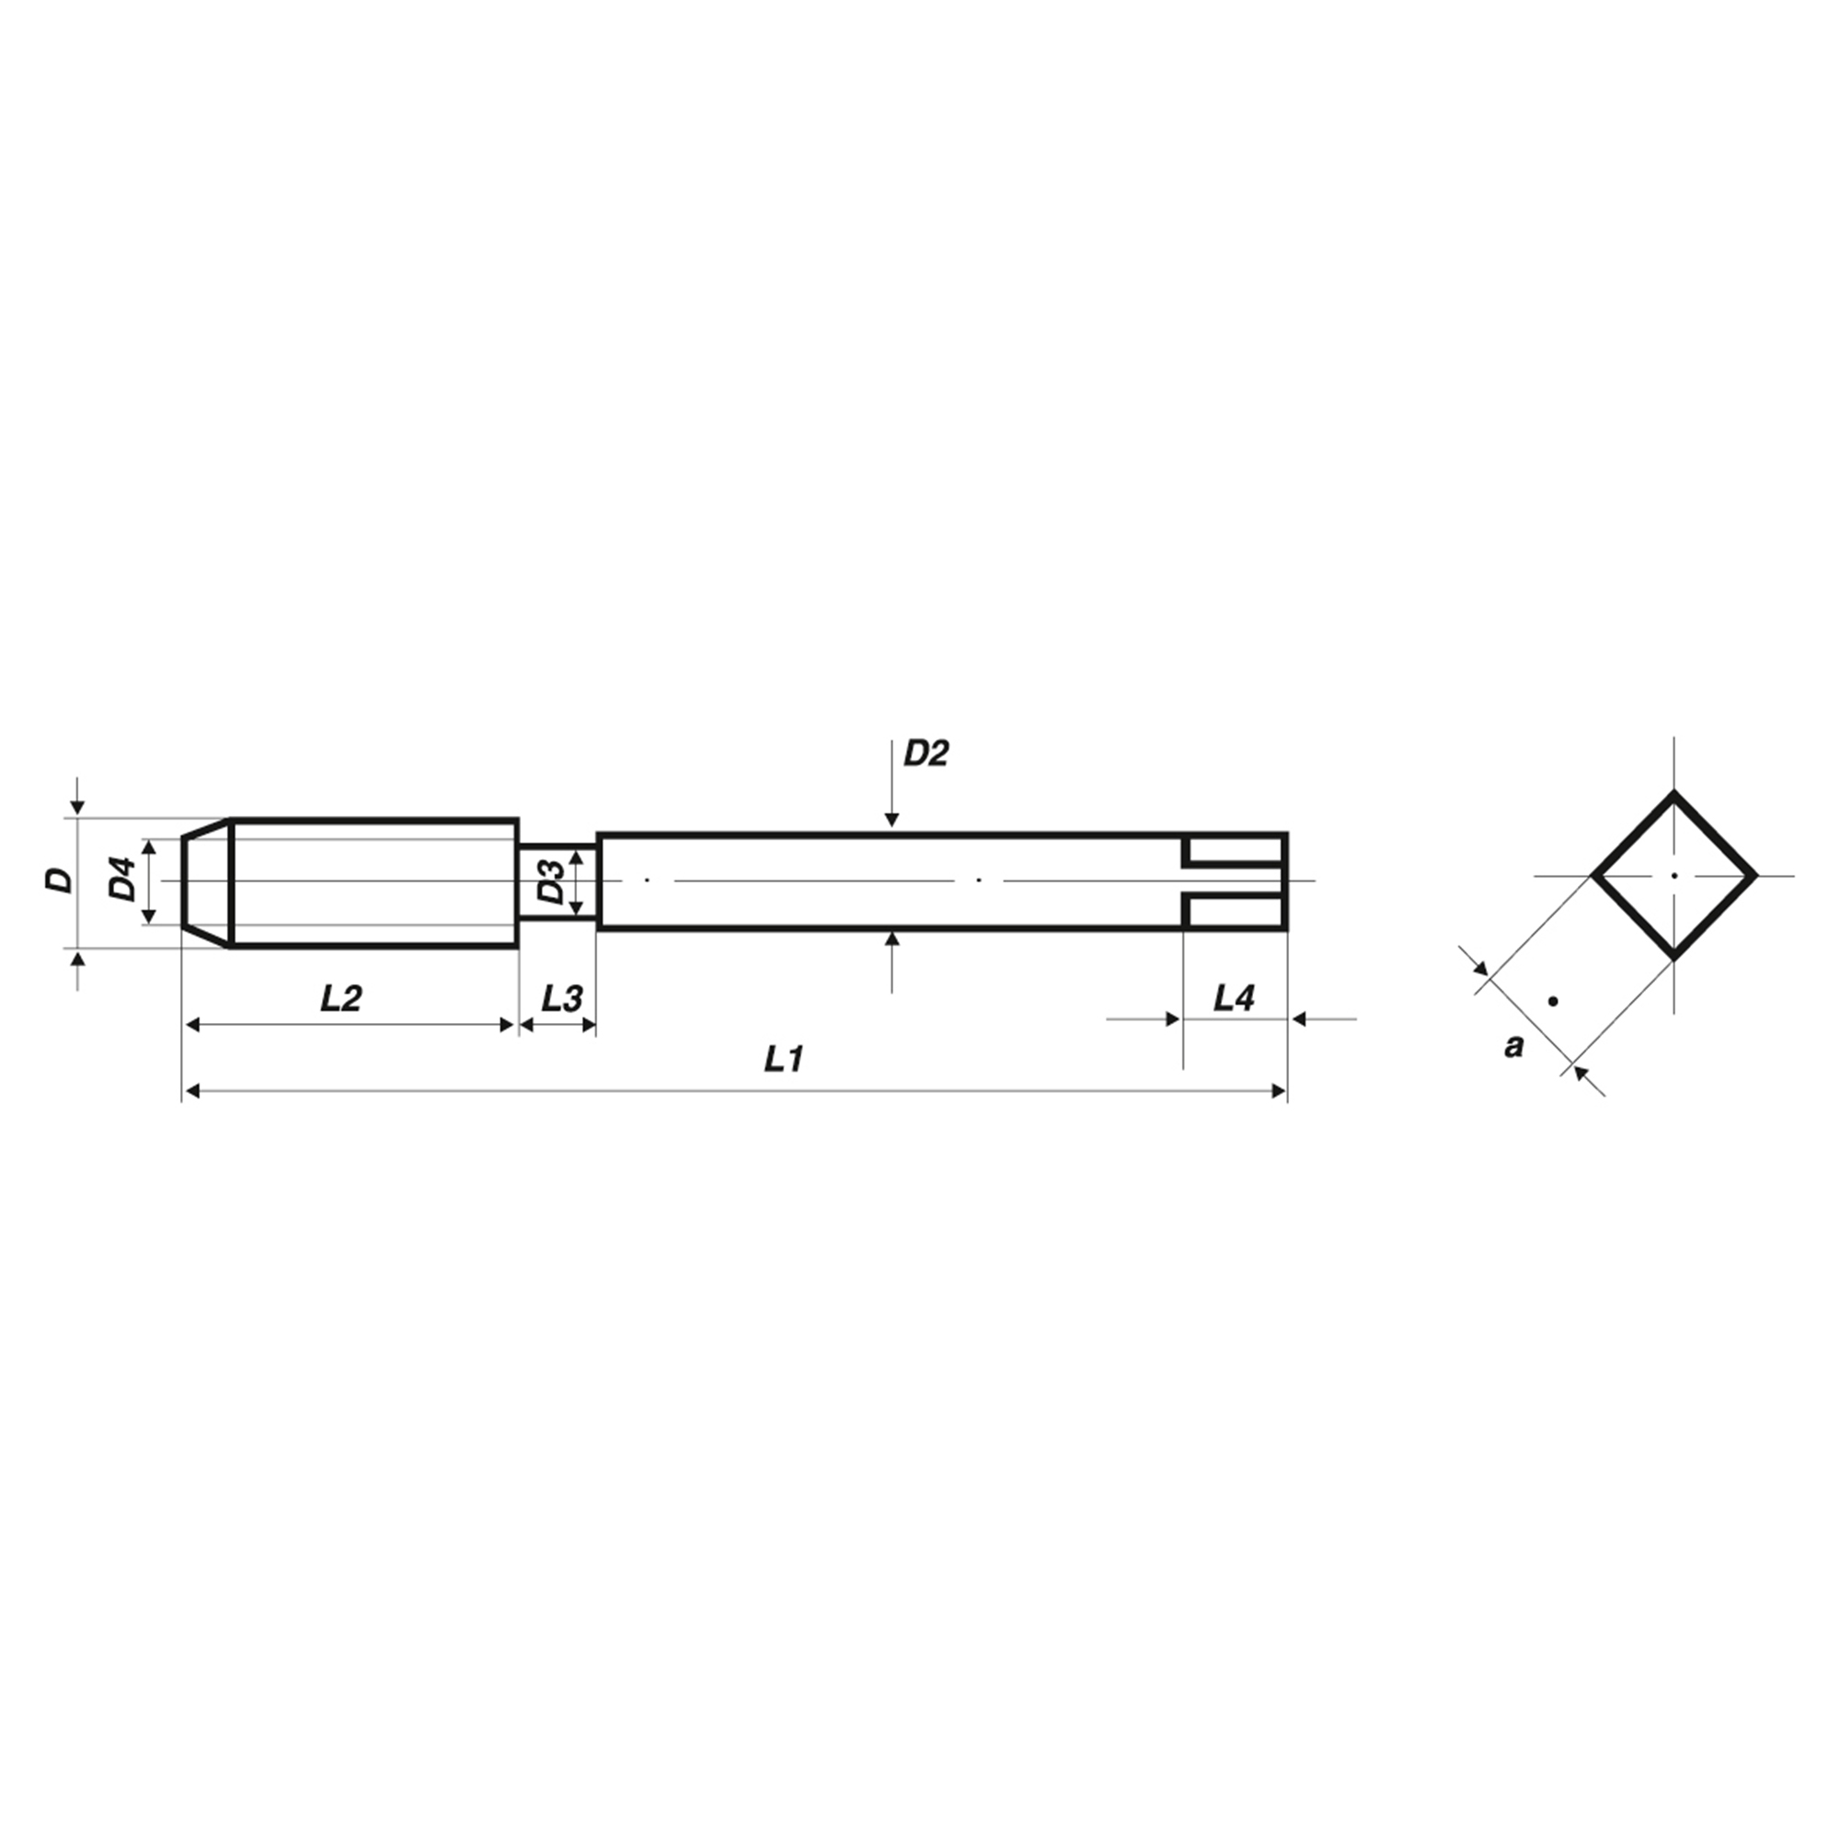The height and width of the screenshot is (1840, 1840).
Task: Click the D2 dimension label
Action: tap(926, 753)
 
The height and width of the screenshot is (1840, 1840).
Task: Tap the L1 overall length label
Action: tap(785, 1058)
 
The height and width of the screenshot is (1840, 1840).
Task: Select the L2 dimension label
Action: tap(341, 998)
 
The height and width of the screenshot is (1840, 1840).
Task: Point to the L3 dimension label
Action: tap(562, 998)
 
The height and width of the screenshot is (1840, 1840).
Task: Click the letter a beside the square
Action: tap(1513, 1046)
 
